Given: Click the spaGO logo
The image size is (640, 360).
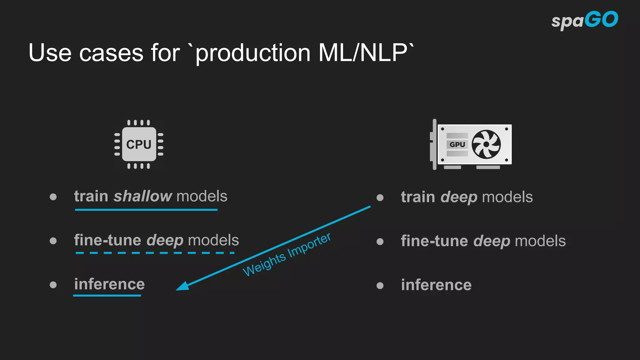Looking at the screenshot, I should coord(584,20).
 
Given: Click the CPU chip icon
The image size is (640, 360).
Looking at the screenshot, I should coord(139,144).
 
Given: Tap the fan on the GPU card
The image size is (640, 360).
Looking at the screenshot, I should coord(486,144).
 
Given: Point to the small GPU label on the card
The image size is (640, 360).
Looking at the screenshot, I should coord(457,144).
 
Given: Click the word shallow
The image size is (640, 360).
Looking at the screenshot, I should coord(143,196).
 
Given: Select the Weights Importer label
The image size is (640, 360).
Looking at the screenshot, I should coord(287,255).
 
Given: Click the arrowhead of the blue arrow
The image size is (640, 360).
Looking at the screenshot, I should coord(182,286).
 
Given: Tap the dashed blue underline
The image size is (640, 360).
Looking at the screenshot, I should coord(155,253).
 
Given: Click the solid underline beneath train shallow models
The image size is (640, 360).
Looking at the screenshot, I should coord(146,210).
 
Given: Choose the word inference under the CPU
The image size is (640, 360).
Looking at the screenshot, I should coord(109,284).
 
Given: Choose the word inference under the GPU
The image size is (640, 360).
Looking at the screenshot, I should coord(436,285).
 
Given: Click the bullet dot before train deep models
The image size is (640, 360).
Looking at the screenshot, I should coord(380,197).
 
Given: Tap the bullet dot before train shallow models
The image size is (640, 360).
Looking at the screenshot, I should coord(53,197).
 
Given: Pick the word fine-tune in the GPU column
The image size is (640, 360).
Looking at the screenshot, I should coord(434,241).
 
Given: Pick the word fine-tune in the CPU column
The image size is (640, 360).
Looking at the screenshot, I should coord(107,240).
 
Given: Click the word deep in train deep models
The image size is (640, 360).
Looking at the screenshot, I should coord(459,197).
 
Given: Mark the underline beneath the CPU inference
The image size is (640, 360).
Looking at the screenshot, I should coord(107,295).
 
